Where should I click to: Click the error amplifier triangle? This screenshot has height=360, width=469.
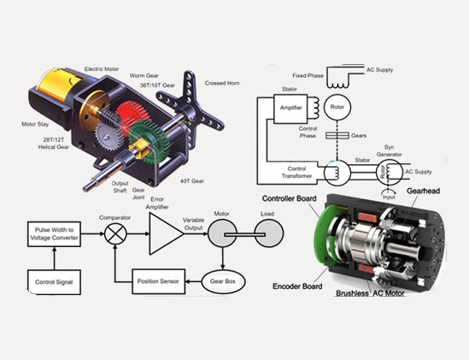(161, 232)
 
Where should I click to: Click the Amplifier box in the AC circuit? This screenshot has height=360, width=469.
(291, 109)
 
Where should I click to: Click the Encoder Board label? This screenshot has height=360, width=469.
(288, 285)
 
